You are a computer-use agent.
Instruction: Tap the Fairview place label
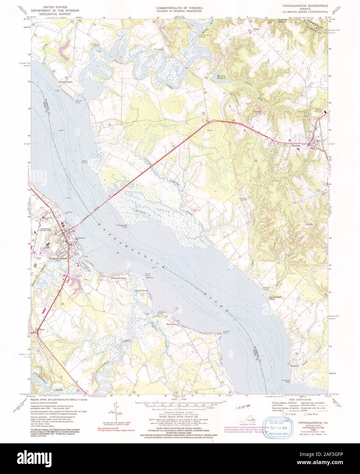point(171,324)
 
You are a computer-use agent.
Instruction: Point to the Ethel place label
point(257,29)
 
